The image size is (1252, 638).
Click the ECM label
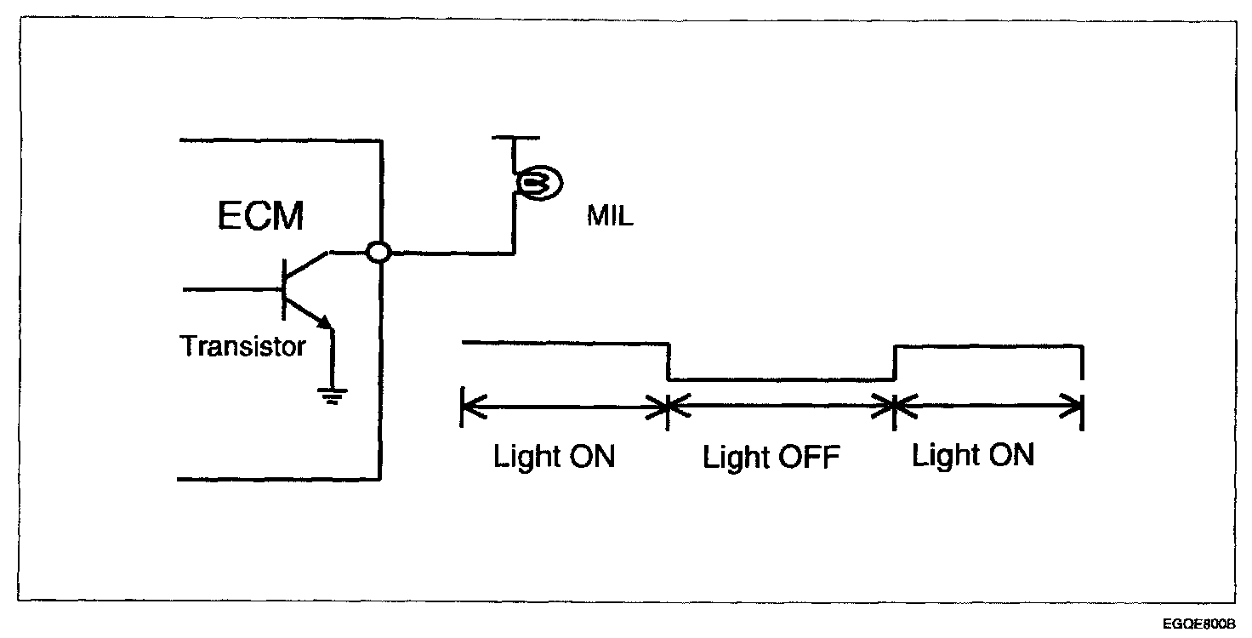[x=259, y=216]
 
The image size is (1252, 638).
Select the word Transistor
[x=242, y=346]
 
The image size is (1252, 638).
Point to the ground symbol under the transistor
[x=333, y=395]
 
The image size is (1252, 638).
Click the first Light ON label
[x=554, y=457]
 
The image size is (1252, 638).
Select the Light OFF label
[x=771, y=459]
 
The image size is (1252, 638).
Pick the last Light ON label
[x=973, y=456]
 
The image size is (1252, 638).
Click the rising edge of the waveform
[x=895, y=363]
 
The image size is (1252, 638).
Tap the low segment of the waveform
[x=782, y=380]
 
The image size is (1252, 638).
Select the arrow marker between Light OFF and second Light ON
[x=895, y=407]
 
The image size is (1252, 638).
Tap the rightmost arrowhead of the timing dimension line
[x=1075, y=407]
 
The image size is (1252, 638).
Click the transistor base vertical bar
[x=284, y=289]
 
